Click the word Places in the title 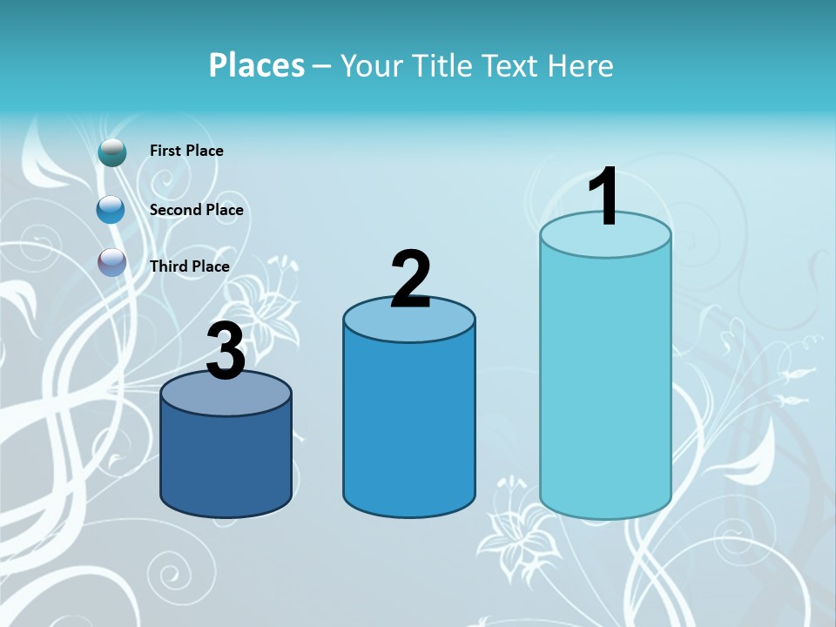click(257, 65)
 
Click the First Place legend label click(186, 151)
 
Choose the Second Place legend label click(196, 210)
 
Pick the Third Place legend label click(190, 266)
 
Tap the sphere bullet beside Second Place click(111, 210)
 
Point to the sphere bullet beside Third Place click(112, 262)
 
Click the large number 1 click(603, 198)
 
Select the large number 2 click(410, 280)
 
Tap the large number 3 click(226, 352)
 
